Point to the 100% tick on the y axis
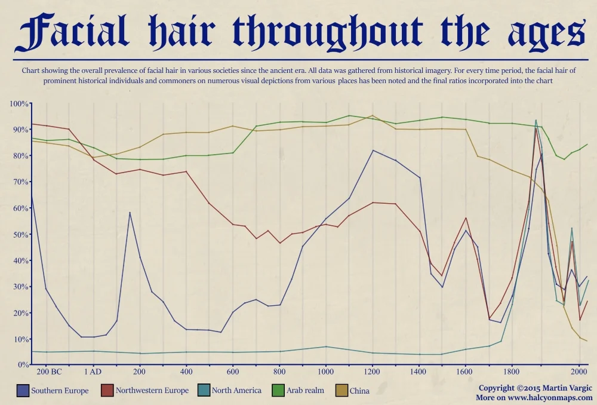tap(19, 104)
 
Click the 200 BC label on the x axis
tap(49, 372)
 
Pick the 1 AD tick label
tap(93, 372)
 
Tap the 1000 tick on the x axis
tap(325, 372)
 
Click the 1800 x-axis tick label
tap(512, 372)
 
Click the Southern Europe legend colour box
tap(22, 391)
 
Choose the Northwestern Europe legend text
tap(152, 391)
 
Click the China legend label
tap(359, 391)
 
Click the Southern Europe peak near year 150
tap(130, 213)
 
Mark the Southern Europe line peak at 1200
tap(373, 150)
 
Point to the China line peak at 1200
tap(373, 115)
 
